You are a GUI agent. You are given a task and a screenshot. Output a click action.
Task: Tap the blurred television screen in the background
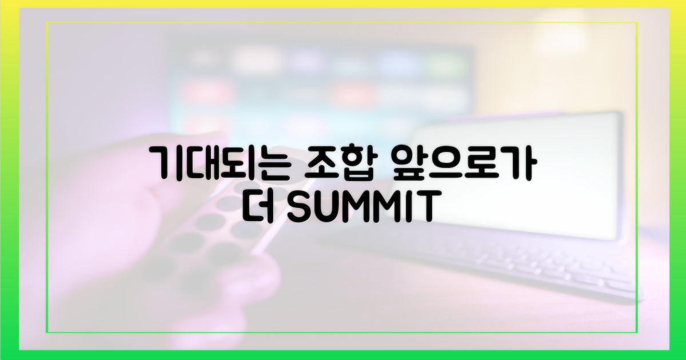pos(320,80)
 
